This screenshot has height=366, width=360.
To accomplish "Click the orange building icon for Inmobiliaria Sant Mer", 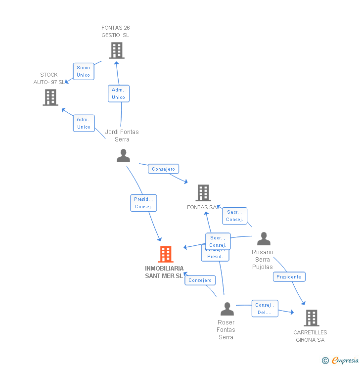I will [x=166, y=254].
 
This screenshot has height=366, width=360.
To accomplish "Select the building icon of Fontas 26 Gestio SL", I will [x=116, y=50].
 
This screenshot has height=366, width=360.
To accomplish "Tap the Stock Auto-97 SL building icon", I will [x=50, y=97].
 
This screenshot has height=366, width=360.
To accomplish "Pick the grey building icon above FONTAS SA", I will [x=203, y=193].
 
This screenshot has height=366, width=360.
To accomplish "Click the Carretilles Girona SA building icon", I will [x=311, y=318].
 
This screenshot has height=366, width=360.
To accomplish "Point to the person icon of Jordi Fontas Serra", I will [x=123, y=156].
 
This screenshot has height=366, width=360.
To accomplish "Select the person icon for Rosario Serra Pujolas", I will [x=264, y=239].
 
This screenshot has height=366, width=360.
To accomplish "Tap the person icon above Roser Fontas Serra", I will [x=227, y=309].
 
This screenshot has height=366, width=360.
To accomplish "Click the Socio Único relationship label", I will [x=84, y=71].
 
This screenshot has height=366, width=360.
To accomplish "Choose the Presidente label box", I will [x=289, y=277].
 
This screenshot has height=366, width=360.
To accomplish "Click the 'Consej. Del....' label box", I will [x=265, y=309].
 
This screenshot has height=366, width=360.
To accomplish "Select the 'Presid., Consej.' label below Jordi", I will [x=143, y=203].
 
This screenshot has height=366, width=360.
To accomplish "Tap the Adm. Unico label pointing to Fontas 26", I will [x=119, y=93].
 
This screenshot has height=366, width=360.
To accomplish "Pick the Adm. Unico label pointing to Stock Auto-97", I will [x=84, y=123].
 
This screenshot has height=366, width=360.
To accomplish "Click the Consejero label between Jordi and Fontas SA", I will [x=164, y=169].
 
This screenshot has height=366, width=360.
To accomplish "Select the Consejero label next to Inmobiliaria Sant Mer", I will [x=200, y=280].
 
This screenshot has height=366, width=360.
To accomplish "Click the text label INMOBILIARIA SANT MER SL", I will [x=164, y=272].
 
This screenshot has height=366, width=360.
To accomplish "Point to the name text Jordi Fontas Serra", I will [x=122, y=136].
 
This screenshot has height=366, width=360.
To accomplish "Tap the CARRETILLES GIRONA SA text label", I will [x=310, y=336].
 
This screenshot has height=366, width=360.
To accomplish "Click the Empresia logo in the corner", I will [x=341, y=361].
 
